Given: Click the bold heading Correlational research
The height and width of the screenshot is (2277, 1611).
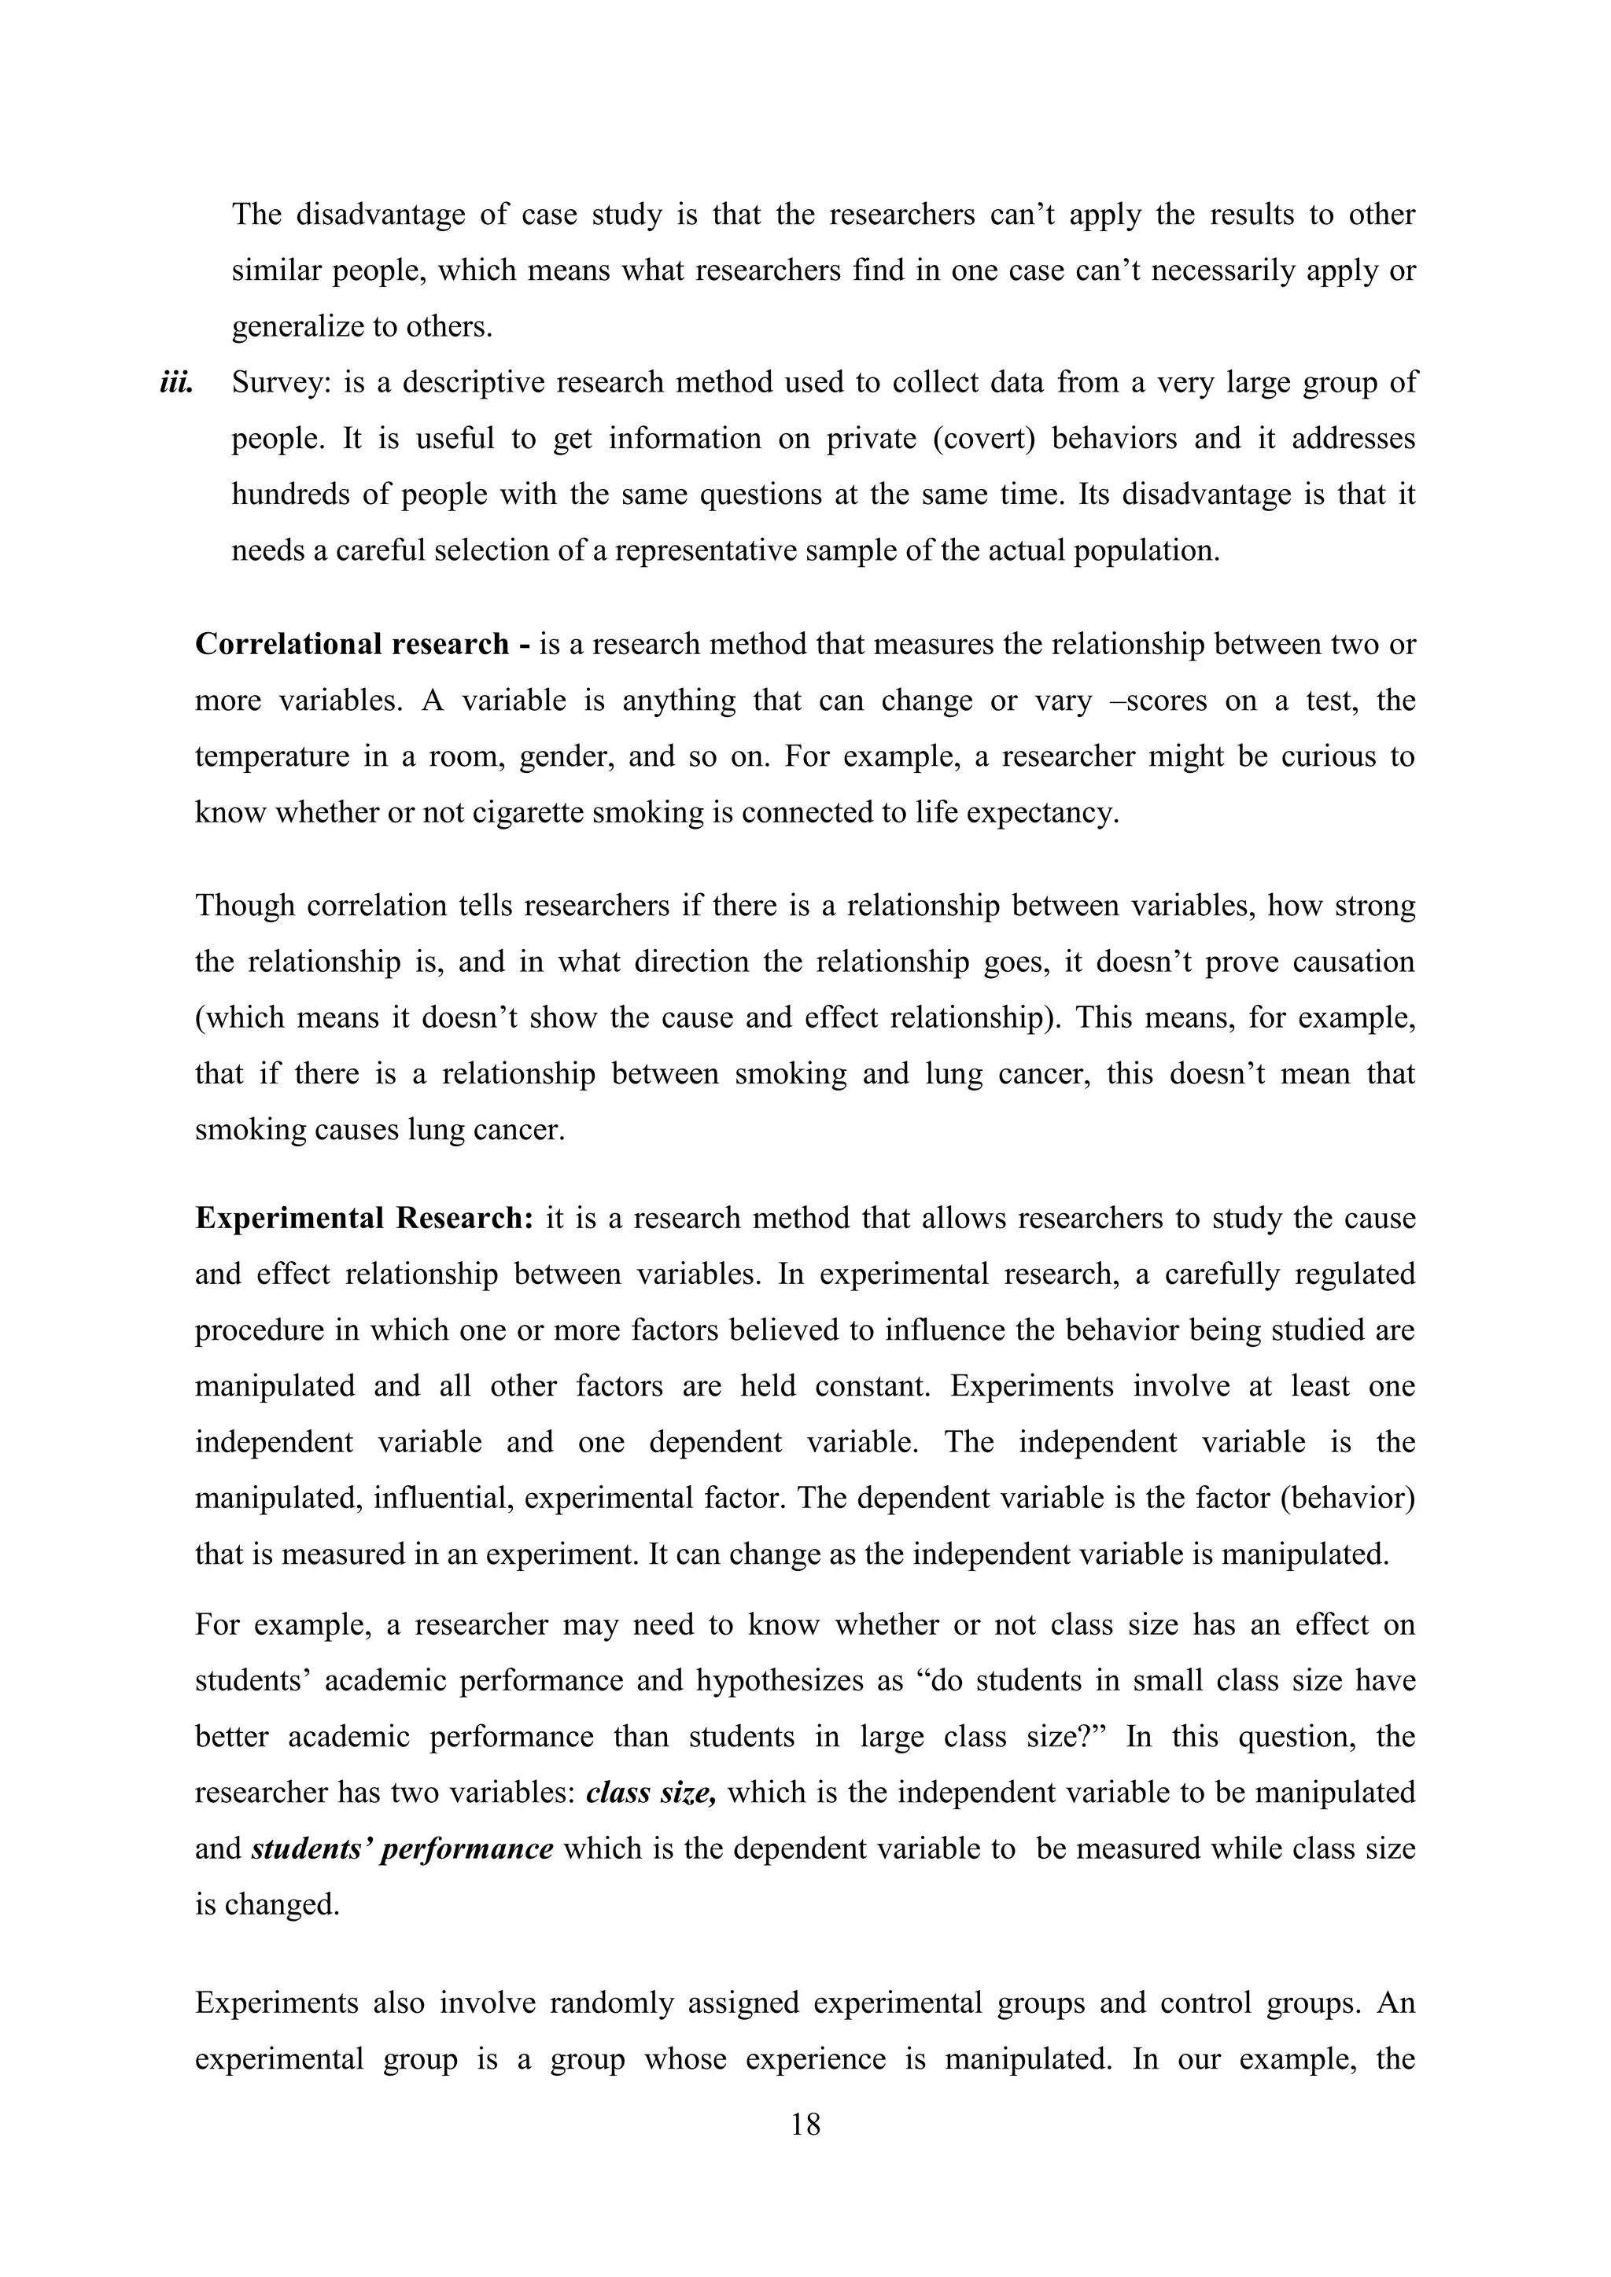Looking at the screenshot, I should pyautogui.click(x=352, y=645).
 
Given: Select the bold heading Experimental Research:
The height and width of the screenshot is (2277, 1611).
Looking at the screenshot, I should pyautogui.click(x=364, y=1218).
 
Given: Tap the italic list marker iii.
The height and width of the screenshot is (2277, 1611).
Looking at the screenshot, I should pyautogui.click(x=175, y=383).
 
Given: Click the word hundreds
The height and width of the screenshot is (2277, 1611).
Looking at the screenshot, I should pyautogui.click(x=289, y=495).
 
